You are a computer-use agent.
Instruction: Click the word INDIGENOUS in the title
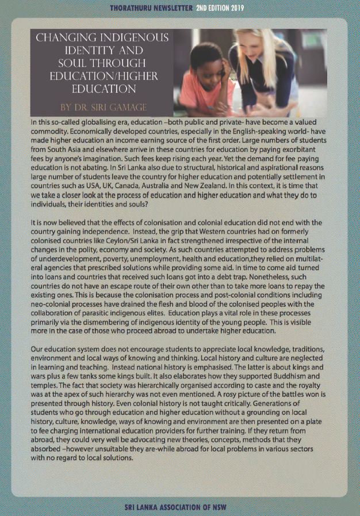tap(135, 38)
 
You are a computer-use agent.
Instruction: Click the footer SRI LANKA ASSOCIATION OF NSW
tap(179, 507)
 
